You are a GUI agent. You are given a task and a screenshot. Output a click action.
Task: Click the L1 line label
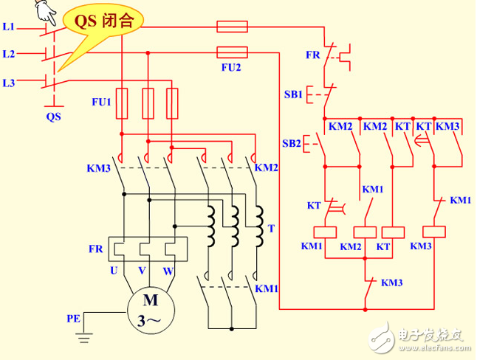(x=9, y=27)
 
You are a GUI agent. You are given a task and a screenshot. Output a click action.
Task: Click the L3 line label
(x=9, y=83)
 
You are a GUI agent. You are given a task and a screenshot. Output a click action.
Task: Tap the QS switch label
(x=53, y=117)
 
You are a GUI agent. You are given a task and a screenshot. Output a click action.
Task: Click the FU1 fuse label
(x=100, y=102)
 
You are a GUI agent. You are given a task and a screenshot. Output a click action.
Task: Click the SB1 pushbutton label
(x=293, y=95)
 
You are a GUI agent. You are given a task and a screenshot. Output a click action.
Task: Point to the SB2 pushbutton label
(x=292, y=143)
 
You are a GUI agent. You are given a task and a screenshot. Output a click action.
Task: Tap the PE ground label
(x=74, y=319)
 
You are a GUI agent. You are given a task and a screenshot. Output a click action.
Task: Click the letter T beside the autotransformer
(x=271, y=229)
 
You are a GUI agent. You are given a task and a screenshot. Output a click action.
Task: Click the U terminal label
(x=114, y=271)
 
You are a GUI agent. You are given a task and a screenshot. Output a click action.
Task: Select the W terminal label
(x=168, y=271)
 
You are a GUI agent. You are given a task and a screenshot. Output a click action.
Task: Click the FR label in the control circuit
(x=312, y=55)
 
